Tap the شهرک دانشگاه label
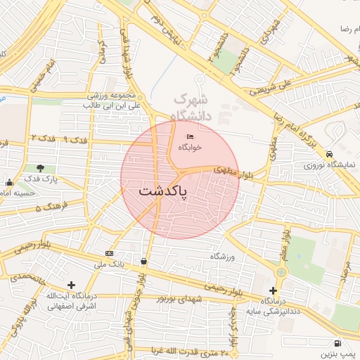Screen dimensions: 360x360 191,105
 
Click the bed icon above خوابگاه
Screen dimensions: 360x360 190,136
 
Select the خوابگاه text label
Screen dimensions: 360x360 190,148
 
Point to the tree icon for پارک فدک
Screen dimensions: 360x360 40,168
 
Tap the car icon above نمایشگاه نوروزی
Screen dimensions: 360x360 330,154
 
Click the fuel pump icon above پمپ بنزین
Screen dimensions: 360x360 338,344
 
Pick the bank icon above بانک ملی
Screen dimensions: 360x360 109,253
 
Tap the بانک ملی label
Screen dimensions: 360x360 109,264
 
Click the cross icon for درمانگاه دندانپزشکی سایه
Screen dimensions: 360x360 273,290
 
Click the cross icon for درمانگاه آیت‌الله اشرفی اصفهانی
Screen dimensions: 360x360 71,285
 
